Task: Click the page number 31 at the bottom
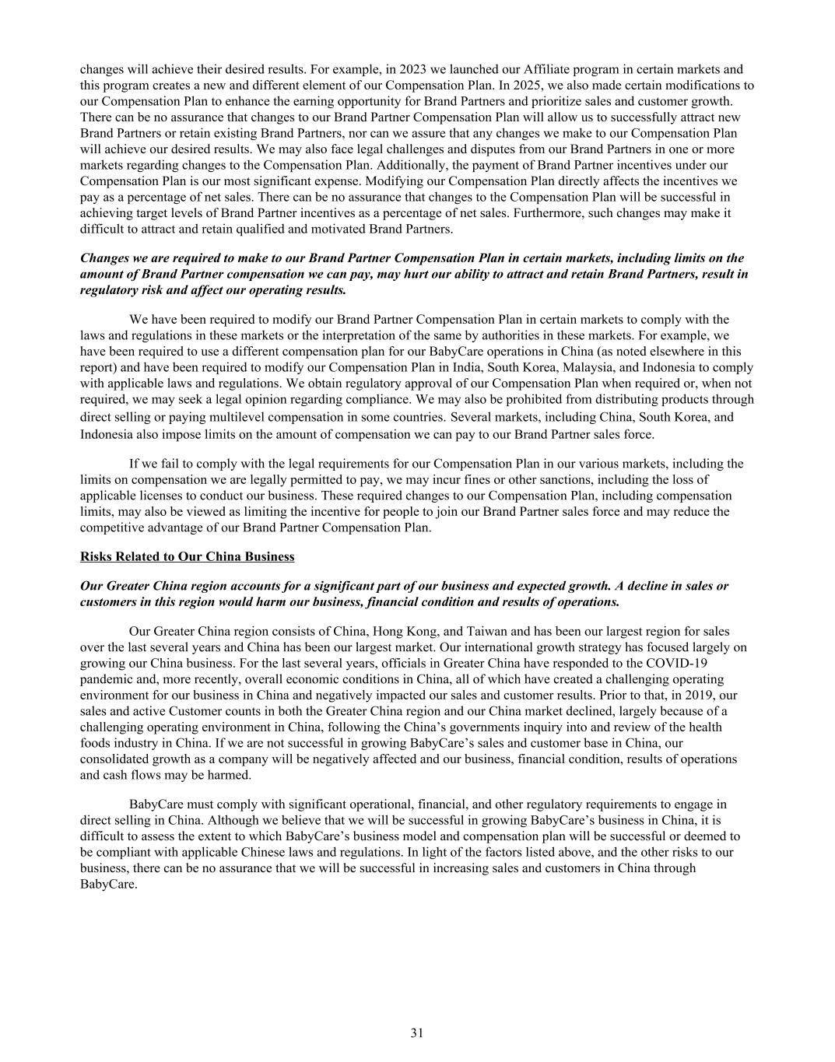417,1033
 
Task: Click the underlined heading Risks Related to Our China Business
187,556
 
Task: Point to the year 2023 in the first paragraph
412,69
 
